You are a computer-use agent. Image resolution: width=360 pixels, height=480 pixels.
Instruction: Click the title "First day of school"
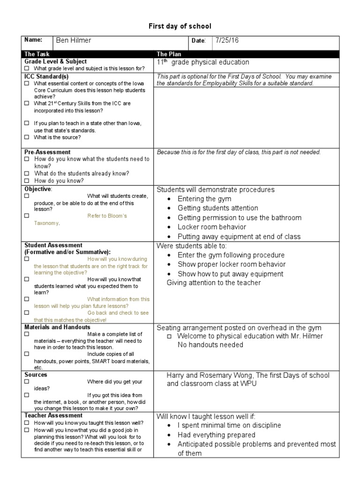pos(180,26)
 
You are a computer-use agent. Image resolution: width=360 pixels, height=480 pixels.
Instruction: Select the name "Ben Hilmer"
pos(74,41)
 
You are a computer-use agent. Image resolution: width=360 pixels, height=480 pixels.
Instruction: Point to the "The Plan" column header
pos(169,54)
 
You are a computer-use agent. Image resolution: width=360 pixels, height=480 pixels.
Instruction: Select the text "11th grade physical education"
pos(203,62)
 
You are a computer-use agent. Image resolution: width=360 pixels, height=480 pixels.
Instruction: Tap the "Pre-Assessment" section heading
pos(47,152)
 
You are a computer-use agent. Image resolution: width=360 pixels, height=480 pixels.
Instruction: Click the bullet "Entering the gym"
pos(204,199)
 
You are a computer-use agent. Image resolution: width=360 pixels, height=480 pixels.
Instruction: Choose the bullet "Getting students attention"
pos(217,208)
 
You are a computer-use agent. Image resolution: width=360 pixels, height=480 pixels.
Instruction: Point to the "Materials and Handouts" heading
pos(58,327)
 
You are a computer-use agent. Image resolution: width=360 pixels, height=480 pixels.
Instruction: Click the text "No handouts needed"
pos(210,345)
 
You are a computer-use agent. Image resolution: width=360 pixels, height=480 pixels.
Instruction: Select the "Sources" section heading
pos(36,375)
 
